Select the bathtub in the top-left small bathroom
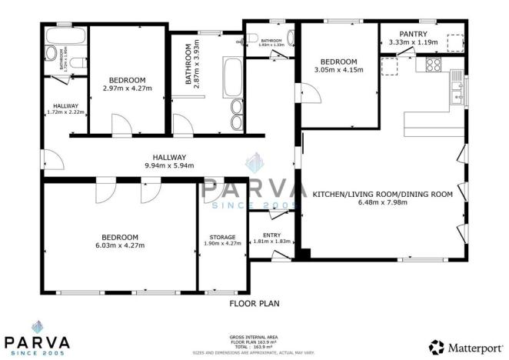58,37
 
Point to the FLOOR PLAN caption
254,304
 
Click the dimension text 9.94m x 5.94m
169,165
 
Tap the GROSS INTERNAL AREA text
254,337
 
